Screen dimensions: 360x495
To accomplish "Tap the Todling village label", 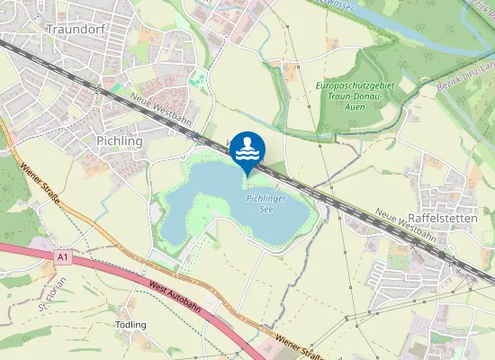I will (x=130, y=325).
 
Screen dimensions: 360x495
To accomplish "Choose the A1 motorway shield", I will (x=61, y=258).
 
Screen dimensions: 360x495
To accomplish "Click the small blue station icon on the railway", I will (x=193, y=137).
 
